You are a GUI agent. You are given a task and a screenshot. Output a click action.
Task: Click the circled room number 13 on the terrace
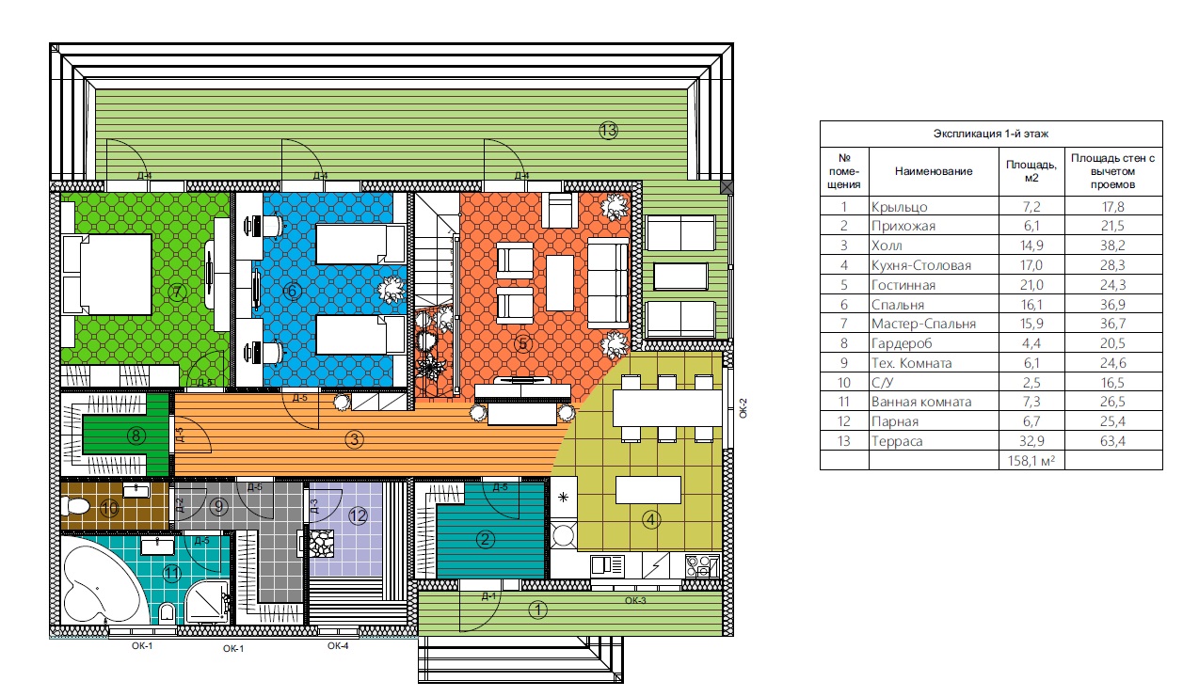click(x=608, y=130)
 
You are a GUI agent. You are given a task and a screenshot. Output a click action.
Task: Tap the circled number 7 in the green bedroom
click(x=177, y=292)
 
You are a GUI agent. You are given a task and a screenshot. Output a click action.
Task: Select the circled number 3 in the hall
click(x=354, y=439)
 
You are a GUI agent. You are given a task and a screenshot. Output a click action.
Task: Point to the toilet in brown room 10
click(x=75, y=506)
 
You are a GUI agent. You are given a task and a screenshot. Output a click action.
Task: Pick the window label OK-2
click(x=743, y=408)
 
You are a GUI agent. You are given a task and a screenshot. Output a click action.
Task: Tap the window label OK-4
click(x=338, y=646)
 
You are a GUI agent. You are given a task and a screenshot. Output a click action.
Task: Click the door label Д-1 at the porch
click(x=488, y=596)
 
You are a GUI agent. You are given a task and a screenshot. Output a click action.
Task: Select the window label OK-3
click(x=635, y=600)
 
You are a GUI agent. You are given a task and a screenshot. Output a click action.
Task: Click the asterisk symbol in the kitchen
click(x=563, y=497)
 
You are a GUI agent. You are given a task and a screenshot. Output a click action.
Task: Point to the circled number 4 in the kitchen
click(x=650, y=520)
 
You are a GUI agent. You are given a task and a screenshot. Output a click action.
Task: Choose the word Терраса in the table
click(x=897, y=441)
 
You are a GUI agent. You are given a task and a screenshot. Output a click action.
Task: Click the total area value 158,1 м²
click(x=1031, y=461)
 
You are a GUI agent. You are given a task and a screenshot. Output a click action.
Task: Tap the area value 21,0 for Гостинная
click(x=1031, y=285)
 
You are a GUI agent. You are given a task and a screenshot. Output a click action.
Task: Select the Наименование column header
click(x=934, y=171)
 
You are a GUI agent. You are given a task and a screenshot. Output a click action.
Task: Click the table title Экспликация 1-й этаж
click(x=991, y=134)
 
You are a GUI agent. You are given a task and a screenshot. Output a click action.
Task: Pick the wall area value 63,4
click(x=1112, y=441)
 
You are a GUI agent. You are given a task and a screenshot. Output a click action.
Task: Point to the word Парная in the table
click(x=895, y=421)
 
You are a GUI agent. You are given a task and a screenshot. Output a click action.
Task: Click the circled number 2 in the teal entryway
click(x=486, y=539)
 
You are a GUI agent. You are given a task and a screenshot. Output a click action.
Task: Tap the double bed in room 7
click(x=106, y=275)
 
